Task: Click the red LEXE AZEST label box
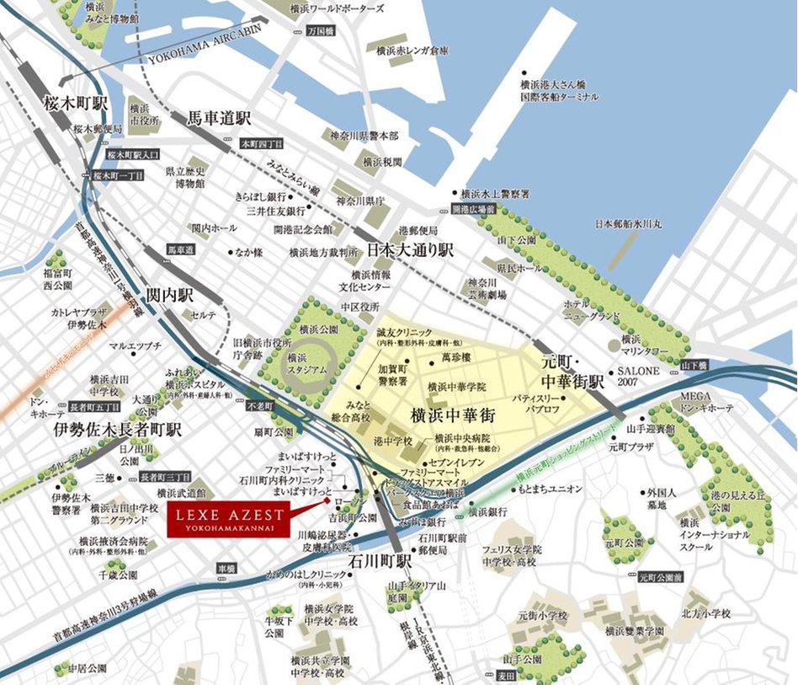point(226,518)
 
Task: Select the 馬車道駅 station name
point(221,118)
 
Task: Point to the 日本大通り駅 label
point(410,250)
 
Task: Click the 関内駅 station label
point(171,296)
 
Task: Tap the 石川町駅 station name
point(379,560)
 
